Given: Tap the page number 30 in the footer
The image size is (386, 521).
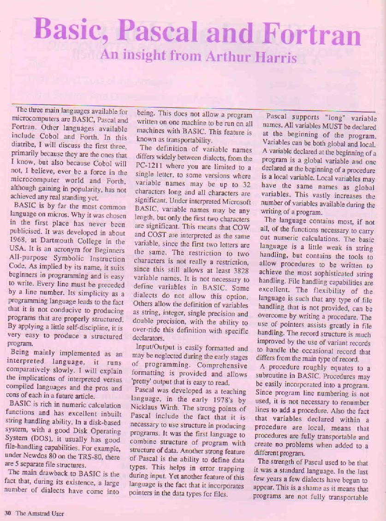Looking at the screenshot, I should (x=8, y=513).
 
